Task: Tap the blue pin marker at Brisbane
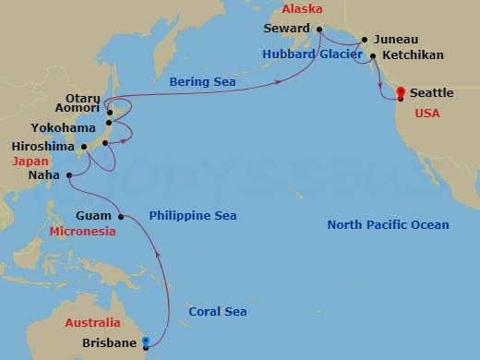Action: coord(146,342)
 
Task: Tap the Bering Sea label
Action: coord(202,82)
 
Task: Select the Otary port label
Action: coord(84,97)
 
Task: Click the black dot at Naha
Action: coord(69,174)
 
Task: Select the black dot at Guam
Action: coord(121,217)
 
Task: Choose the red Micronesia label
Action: coord(83,231)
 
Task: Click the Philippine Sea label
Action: coord(193,216)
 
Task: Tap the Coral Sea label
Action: coord(218,312)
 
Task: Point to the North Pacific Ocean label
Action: coord(390,225)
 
